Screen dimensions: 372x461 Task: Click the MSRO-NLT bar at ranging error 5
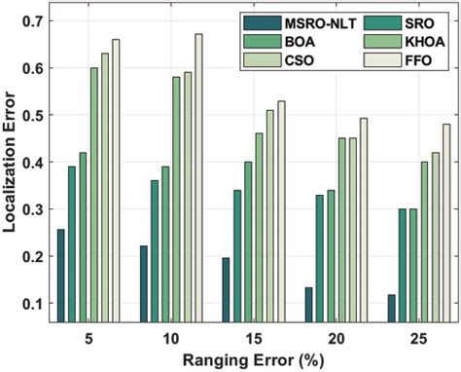61,276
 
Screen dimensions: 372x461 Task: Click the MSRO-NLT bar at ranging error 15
227,289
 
